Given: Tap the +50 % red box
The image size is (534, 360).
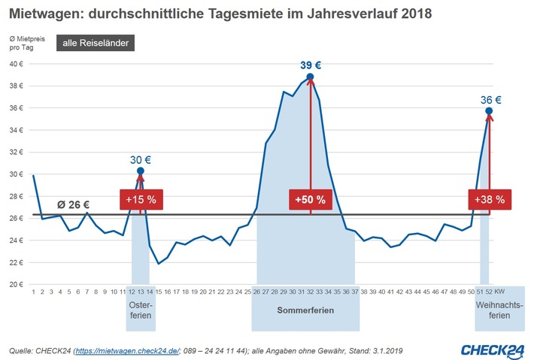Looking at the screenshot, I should click(310, 200).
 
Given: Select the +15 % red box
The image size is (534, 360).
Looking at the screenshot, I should click(141, 200).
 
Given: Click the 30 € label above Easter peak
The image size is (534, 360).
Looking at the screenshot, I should click(141, 159).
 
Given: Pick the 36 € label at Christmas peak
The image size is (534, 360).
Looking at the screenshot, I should click(490, 99).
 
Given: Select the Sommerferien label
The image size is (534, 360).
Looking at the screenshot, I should click(302, 309).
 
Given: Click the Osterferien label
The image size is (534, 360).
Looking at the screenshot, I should click(140, 310).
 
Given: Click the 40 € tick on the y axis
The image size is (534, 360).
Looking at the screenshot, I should click(19, 64).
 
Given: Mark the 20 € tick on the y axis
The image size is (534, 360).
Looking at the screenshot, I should click(19, 285).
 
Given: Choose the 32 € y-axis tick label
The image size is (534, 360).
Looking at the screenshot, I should click(19, 152).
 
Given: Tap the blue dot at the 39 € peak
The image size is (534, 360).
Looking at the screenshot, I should click(310, 77).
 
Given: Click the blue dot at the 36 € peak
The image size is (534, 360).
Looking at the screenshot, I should click(489, 110).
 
